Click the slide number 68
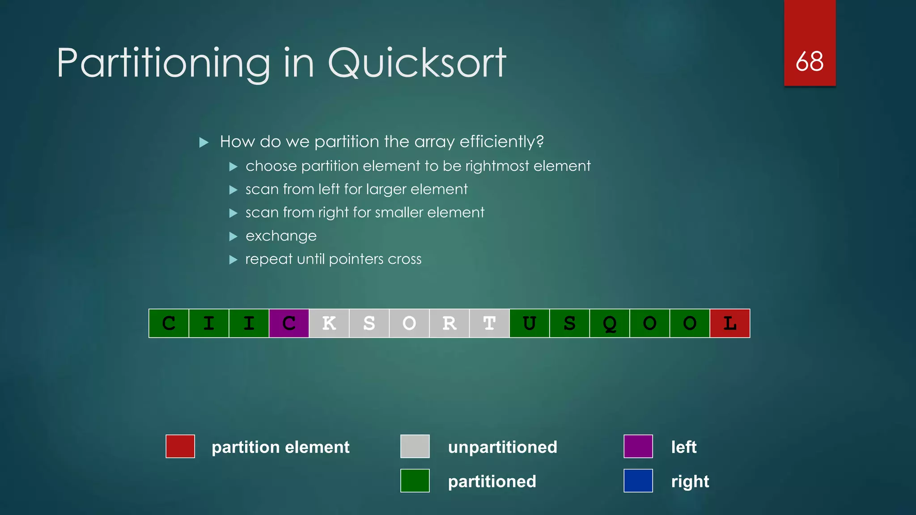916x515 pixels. (810, 61)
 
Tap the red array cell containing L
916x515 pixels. (729, 323)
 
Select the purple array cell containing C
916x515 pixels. (289, 323)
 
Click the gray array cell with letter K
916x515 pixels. (329, 323)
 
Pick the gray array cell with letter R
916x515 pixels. (449, 323)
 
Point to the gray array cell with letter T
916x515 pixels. (489, 323)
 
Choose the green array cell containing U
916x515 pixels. (529, 323)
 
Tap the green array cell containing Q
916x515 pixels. (609, 323)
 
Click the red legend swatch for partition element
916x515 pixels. (180, 446)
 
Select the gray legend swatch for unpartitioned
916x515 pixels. (415, 446)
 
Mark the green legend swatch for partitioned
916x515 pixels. (415, 481)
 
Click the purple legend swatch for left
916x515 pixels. (638, 446)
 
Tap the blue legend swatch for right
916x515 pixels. (638, 481)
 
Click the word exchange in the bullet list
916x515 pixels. (281, 236)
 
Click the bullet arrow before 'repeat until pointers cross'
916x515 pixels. (233, 259)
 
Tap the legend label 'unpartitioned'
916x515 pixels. (502, 447)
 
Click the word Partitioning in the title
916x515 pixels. (163, 63)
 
